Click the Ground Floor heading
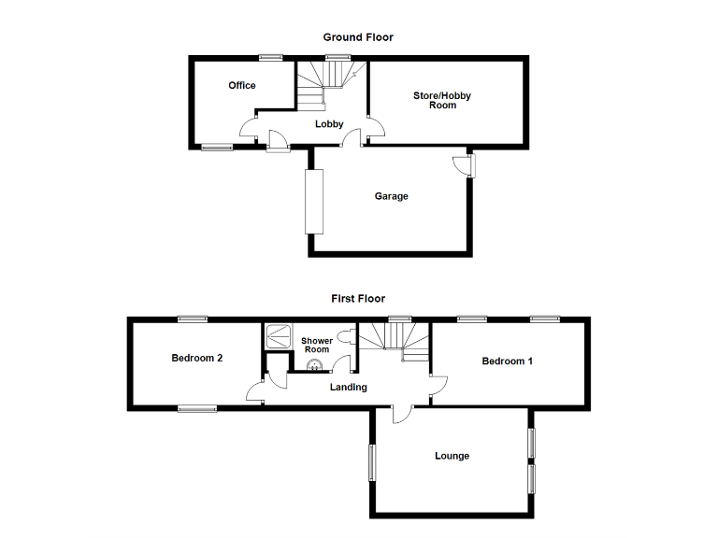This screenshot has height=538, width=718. pyautogui.click(x=358, y=37)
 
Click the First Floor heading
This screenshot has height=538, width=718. pyautogui.click(x=358, y=299)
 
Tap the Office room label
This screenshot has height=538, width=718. pyautogui.click(x=242, y=86)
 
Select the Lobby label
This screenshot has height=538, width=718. pyautogui.click(x=329, y=124)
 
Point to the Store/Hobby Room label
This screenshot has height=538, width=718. pyautogui.click(x=442, y=100)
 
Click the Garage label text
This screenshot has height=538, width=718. pyautogui.click(x=392, y=196)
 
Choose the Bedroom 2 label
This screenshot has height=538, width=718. pyautogui.click(x=196, y=358)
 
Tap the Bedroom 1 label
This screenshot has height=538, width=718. pyautogui.click(x=508, y=361)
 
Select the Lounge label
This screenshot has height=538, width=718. pyautogui.click(x=452, y=456)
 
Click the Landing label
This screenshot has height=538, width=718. pyautogui.click(x=348, y=387)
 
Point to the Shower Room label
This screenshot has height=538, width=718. pyautogui.click(x=316, y=345)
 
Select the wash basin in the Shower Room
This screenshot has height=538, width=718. pyautogui.click(x=314, y=366)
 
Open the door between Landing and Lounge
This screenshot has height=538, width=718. pyautogui.click(x=399, y=415)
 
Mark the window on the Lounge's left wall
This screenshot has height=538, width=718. pyautogui.click(x=372, y=462)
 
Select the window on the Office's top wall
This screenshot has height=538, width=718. pyautogui.click(x=272, y=58)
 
